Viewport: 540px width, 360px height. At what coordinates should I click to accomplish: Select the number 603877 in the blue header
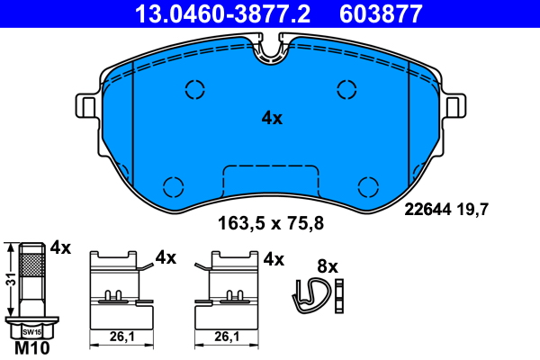[391, 13]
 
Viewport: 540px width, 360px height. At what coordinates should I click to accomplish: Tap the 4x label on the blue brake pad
[272, 118]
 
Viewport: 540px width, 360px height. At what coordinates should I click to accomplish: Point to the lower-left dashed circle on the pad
[173, 185]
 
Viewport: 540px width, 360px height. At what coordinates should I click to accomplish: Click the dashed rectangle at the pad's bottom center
[271, 180]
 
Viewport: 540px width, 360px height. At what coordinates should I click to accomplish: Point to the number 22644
[427, 210]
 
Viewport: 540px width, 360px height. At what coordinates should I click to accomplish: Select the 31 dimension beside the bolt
[9, 280]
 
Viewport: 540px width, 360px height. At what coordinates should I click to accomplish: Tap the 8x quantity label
[328, 266]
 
